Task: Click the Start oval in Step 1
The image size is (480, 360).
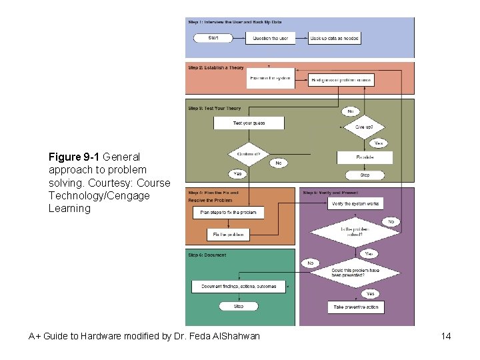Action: [213, 38]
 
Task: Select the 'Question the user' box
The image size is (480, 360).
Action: [271, 38]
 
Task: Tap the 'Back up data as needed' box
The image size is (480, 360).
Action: [334, 38]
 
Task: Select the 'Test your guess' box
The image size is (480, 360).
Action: [249, 123]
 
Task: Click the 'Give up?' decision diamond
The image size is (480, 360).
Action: [364, 126]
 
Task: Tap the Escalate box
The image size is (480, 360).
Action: [365, 157]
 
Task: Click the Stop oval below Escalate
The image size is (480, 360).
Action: [365, 175]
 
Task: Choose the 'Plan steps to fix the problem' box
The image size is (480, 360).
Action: [228, 213]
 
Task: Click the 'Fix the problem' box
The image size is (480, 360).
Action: [228, 235]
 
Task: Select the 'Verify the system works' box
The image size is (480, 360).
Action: [355, 203]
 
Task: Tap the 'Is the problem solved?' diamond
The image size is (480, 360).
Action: [355, 232]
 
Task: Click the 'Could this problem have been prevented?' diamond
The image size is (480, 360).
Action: [356, 273]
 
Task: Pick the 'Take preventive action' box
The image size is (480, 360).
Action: [356, 307]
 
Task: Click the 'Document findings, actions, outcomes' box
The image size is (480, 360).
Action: [239, 286]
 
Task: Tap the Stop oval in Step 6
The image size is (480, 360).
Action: [238, 307]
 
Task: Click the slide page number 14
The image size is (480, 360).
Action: [446, 336]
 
